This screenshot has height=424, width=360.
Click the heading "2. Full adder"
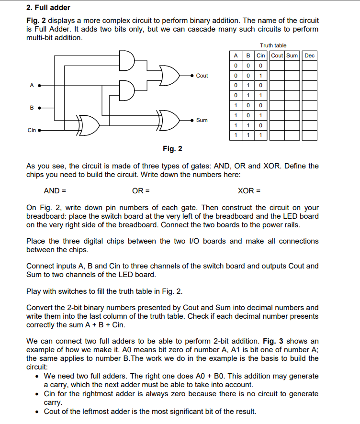(x=48, y=8)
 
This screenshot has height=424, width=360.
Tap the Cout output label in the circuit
(x=202, y=76)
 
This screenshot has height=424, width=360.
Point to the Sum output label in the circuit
(x=202, y=120)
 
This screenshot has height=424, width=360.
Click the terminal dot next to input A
(x=39, y=86)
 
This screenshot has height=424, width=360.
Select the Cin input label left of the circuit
(x=32, y=130)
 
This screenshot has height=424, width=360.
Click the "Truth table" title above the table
(x=273, y=45)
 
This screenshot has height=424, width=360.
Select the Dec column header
(x=310, y=56)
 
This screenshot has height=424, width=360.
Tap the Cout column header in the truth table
(x=278, y=56)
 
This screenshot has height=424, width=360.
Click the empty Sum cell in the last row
(x=293, y=135)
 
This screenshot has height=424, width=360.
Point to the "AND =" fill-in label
(x=55, y=190)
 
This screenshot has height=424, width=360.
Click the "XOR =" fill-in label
(x=249, y=190)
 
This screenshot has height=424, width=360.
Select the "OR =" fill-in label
(x=141, y=190)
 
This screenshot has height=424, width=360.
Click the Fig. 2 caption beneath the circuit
(x=172, y=149)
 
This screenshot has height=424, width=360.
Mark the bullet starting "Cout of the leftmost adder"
(x=150, y=412)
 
